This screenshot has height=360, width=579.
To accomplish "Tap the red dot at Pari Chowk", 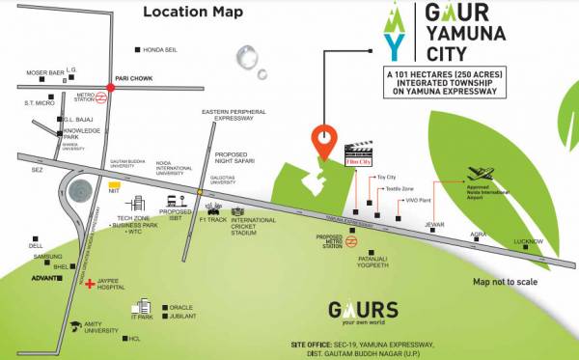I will click(111, 88).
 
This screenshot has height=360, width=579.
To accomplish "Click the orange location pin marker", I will click(324, 141).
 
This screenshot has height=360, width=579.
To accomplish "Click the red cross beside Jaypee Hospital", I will click(90, 285).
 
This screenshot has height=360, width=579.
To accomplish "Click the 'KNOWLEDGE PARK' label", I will click(83, 133).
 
